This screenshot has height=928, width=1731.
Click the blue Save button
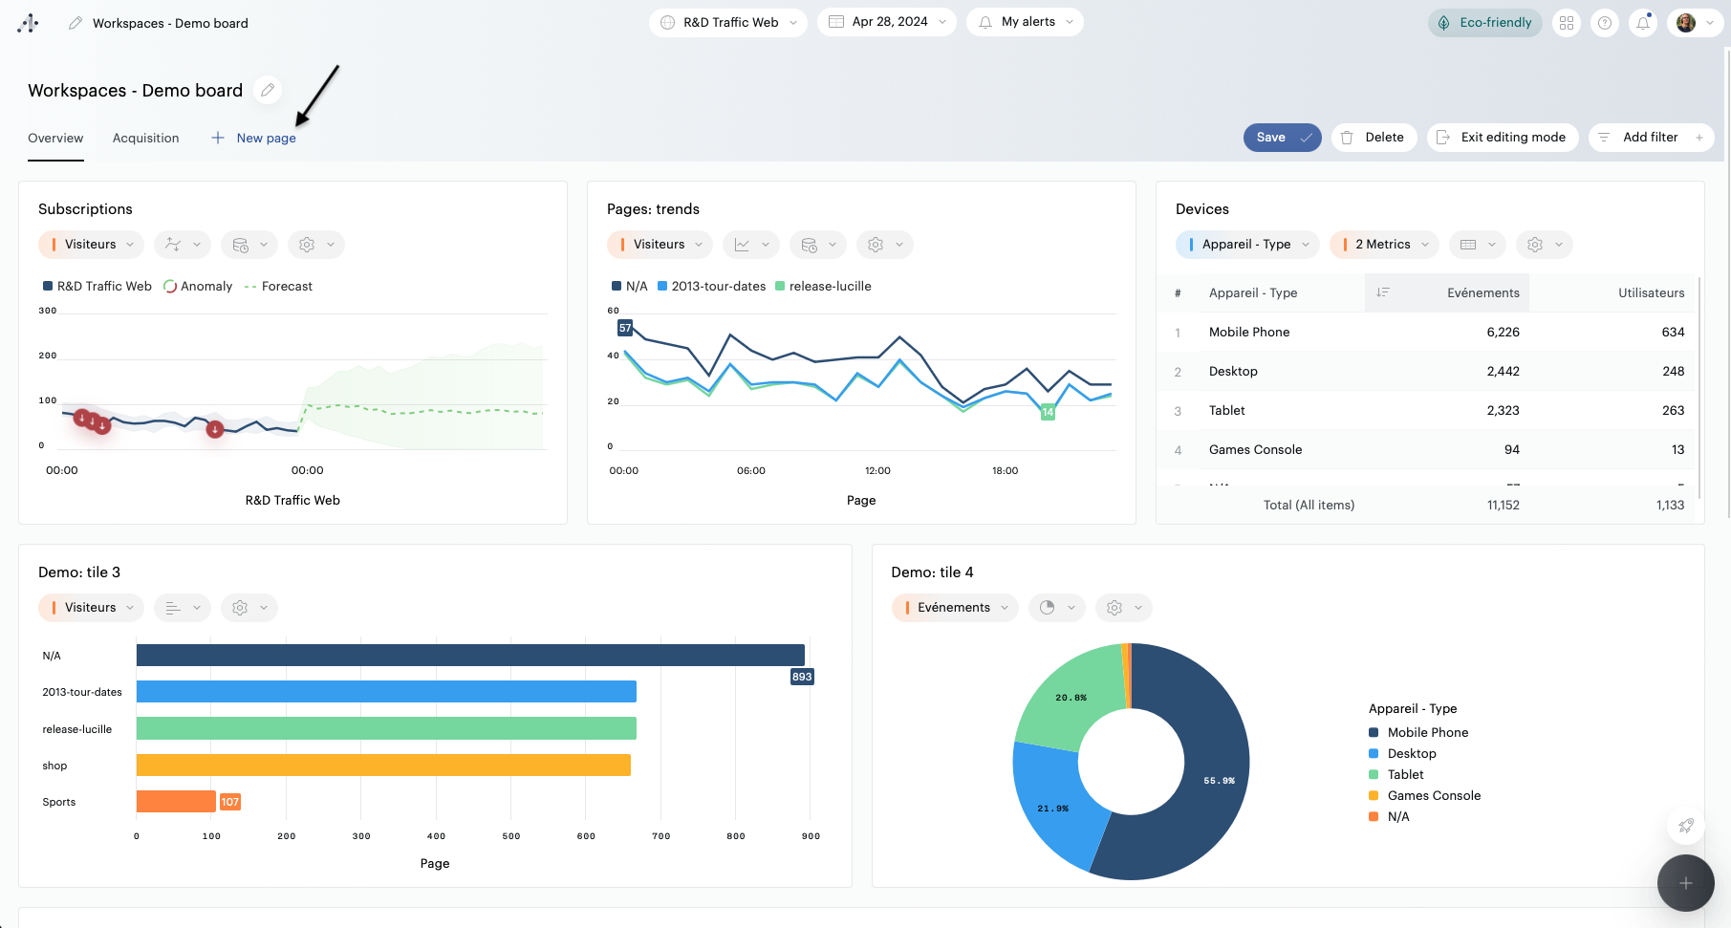[1281, 138]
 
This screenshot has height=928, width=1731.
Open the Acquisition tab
[145, 139]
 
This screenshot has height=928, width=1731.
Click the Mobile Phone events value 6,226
[1503, 333]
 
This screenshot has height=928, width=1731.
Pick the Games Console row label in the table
[1255, 450]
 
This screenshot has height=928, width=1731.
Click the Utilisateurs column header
[1651, 293]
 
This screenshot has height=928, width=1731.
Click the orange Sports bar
[176, 802]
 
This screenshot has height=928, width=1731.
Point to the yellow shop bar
[382, 766]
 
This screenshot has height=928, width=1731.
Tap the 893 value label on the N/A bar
[802, 677]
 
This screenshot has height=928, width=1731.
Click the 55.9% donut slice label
[1219, 781]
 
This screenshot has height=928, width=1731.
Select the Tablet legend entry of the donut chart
[1405, 775]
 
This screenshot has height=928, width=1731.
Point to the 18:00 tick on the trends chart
[1005, 471]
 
